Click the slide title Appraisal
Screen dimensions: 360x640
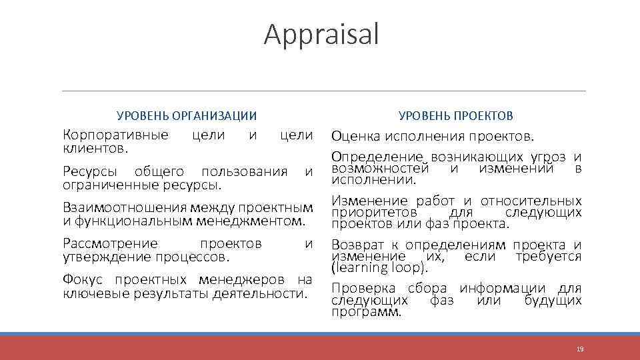[321, 35]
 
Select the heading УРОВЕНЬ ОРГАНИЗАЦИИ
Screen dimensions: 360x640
[187, 116]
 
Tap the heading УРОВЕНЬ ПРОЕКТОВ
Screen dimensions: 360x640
[456, 116]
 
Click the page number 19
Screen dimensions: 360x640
[580, 349]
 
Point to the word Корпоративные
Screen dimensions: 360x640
[115, 135]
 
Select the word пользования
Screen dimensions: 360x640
[244, 172]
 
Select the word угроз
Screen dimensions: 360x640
[550, 157]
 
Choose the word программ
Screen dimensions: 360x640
[366, 312]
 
